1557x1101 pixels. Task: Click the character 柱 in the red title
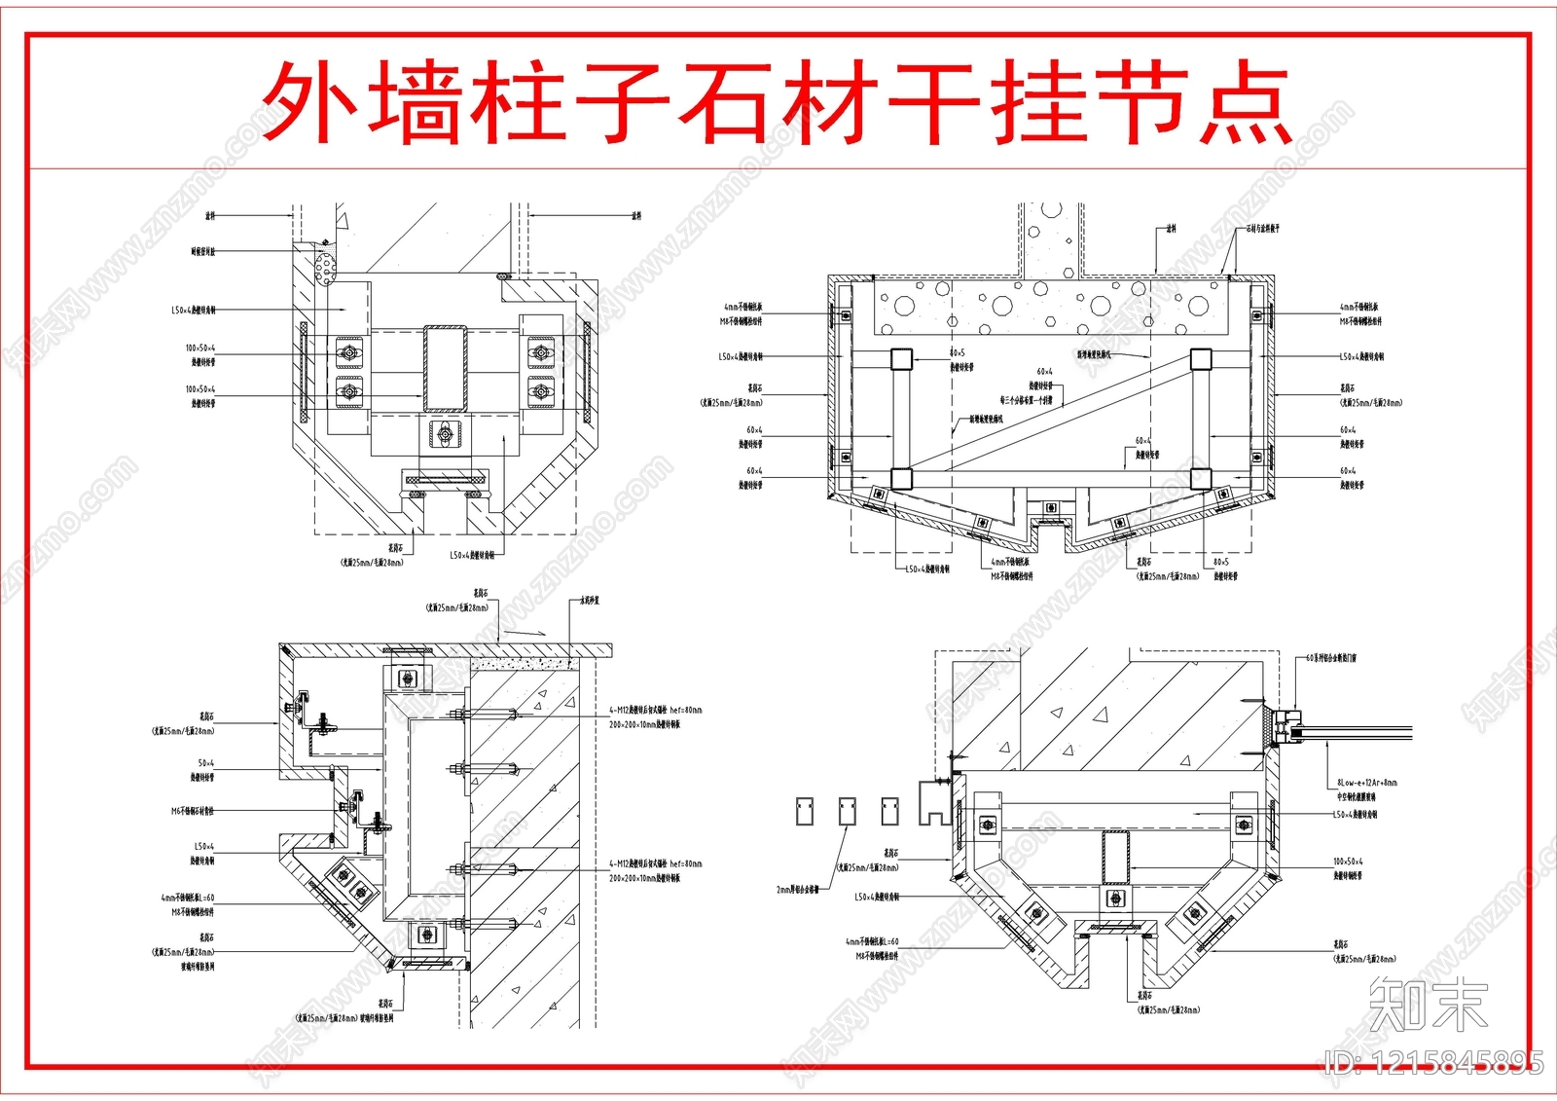[518, 102]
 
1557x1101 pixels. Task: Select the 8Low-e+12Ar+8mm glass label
[1366, 782]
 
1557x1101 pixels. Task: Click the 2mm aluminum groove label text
[797, 889]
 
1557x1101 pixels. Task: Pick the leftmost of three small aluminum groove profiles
[805, 811]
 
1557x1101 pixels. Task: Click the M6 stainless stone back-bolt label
[192, 810]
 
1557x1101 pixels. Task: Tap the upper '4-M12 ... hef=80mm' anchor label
[655, 711]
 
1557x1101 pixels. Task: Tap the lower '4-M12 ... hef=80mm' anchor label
[655, 863]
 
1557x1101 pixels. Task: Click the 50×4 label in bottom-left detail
[205, 763]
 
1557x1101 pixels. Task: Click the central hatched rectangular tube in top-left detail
[445, 368]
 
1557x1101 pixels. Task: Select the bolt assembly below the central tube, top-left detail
[445, 435]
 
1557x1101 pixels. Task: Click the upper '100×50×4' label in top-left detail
[200, 348]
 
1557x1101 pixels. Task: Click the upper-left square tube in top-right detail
[901, 359]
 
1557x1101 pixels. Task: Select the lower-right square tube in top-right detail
[1200, 478]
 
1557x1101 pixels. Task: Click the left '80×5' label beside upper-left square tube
[957, 353]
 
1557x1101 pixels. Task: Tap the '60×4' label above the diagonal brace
[1044, 371]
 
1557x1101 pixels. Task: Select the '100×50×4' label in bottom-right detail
[1348, 862]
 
